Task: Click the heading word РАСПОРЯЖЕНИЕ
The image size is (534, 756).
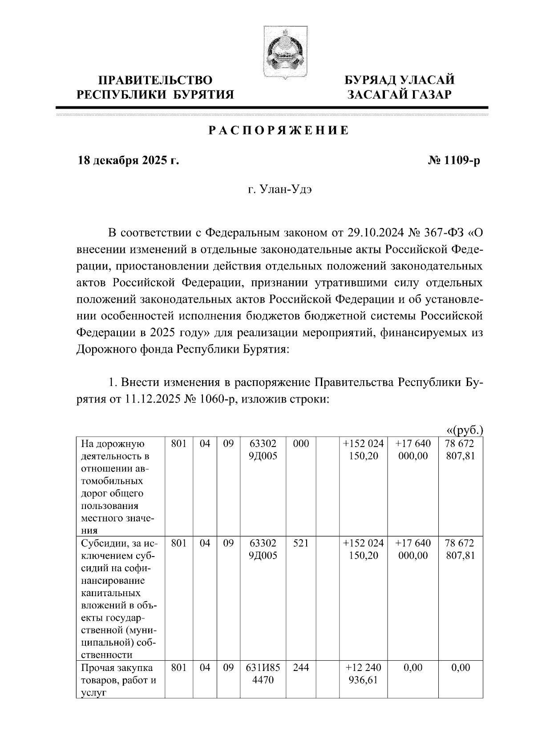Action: point(279,131)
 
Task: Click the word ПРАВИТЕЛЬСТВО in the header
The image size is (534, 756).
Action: point(155,81)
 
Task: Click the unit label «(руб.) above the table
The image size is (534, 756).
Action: point(464,430)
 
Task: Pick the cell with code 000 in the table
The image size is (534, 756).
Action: point(301,444)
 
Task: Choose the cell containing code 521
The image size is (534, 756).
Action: point(301,544)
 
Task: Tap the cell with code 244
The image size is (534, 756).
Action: point(301,668)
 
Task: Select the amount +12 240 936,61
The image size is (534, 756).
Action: point(364,674)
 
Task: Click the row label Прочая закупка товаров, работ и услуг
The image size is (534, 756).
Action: point(118,680)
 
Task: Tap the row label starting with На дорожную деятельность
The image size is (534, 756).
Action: point(118,487)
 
